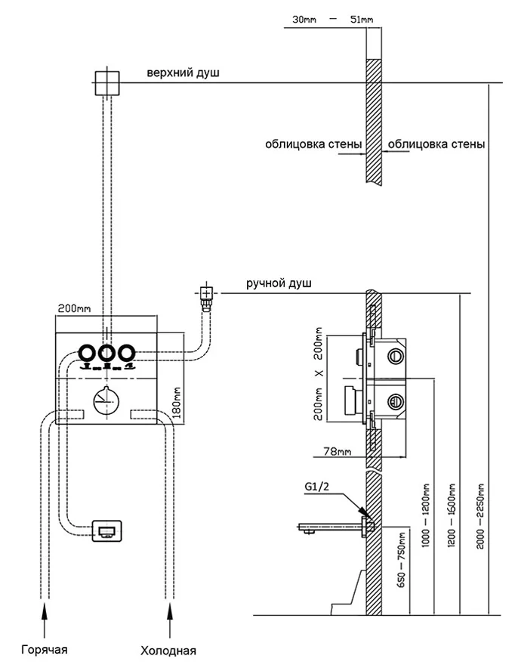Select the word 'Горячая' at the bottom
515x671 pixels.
45,650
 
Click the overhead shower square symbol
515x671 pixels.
106,82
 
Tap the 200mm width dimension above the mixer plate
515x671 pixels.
73,308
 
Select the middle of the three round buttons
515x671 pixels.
106,352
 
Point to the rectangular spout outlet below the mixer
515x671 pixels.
106,531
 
